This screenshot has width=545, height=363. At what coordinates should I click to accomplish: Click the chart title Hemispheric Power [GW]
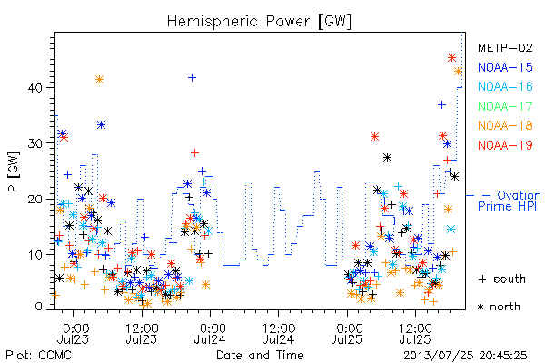coord(259,22)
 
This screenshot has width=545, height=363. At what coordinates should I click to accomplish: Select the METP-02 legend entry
coord(505,47)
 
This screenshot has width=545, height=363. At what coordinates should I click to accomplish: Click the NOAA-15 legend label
coord(505,67)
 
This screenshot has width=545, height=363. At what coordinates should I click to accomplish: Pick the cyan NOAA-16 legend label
coord(505,86)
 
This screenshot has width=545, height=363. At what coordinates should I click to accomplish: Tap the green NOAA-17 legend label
coord(505,106)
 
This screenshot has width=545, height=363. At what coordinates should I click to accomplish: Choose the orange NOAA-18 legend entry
coord(505,125)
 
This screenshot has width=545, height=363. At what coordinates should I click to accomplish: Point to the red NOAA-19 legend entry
coord(505,145)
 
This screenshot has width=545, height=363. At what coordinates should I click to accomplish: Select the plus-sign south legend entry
coord(502,279)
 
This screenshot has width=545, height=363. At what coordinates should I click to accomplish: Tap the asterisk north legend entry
coord(499,307)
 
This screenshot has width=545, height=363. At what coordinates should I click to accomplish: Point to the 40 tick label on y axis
coord(35,87)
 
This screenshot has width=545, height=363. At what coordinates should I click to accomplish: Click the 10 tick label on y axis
coord(35,255)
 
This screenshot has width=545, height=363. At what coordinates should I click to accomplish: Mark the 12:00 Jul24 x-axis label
coord(279,333)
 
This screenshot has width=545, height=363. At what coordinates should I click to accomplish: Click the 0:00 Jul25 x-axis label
coord(347,333)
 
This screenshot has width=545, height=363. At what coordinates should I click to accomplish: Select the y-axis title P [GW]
coord(14,172)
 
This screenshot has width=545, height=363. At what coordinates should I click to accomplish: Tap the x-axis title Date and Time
coord(260,356)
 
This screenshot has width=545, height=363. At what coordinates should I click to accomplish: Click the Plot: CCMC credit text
coord(38,356)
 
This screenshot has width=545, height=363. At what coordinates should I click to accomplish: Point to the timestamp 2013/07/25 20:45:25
coord(465,356)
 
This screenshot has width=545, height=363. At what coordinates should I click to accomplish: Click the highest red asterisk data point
coord(451,58)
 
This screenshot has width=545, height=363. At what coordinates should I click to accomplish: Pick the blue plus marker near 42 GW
coord(192,77)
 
